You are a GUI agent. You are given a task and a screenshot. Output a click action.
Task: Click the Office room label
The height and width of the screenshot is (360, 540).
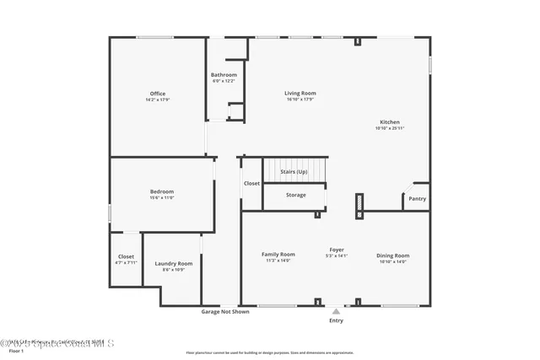coord(158,94)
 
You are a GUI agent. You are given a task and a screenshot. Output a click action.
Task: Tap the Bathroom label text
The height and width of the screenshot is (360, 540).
coord(224,75)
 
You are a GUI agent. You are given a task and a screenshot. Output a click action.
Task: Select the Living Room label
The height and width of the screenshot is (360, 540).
coord(300,93)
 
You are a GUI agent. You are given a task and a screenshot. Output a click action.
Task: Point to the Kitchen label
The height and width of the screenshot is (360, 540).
coord(389,122)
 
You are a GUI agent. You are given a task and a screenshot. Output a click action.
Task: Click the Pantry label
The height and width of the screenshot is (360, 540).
coord(417,199)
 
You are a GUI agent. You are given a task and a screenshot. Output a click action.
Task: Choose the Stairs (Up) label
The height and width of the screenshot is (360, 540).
coord(294,171)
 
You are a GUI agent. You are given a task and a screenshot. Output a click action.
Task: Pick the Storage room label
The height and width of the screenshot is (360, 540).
coord(295,195)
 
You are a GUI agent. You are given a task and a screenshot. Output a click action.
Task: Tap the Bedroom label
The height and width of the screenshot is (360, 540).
coord(161,191)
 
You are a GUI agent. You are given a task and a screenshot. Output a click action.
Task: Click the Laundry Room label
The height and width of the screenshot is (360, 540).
coord(174,264)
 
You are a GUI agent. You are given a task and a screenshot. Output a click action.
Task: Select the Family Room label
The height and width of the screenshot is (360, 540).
coord(278,255)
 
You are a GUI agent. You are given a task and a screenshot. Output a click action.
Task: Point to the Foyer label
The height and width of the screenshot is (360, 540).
coord(337,250)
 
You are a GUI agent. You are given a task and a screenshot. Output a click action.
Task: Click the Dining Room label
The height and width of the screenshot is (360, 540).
coord(392,255)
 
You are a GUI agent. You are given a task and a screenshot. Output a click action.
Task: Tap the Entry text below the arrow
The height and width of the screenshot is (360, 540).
coord(336,320)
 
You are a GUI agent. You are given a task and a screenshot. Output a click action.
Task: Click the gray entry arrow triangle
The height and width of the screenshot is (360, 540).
coord(336,311)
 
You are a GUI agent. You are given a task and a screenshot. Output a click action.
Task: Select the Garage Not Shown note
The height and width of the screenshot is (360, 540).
coord(224,311)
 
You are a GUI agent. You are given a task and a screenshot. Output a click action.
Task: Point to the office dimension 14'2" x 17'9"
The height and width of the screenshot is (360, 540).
coord(158,100)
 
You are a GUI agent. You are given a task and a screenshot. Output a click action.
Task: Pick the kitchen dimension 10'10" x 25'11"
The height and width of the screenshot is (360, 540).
coord(389,128)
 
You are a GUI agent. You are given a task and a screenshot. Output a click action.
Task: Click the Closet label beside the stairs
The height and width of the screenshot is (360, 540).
coord(251,183)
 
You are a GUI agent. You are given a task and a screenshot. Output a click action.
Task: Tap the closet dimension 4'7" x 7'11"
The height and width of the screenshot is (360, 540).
coord(126,263)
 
